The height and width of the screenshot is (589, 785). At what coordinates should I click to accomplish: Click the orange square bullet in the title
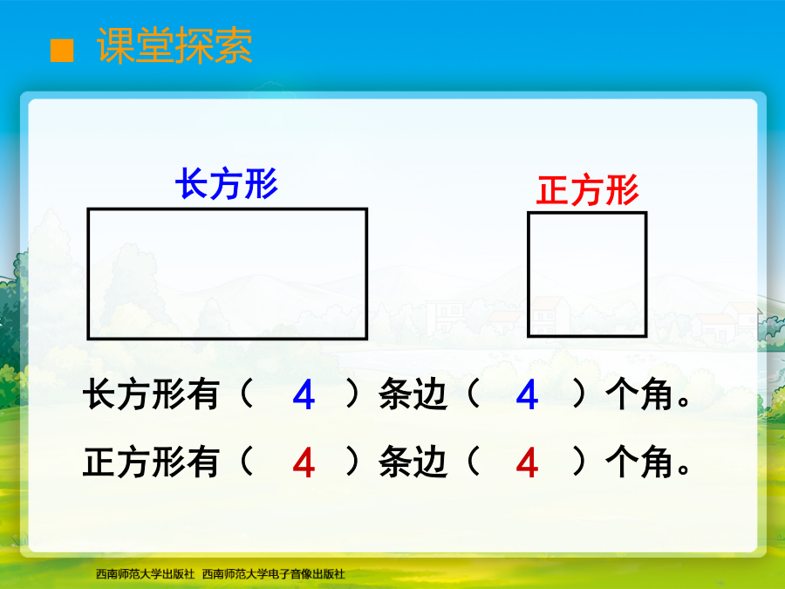62,51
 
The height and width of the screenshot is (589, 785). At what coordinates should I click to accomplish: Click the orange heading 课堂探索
174,45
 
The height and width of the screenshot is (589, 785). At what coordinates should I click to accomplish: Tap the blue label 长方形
227,184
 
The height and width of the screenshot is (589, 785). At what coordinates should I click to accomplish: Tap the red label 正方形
587,190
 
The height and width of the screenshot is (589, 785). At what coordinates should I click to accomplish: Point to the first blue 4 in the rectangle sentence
304,394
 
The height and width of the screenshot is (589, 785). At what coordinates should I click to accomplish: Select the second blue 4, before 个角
527,394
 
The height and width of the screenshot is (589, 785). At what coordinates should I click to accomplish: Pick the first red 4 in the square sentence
304,462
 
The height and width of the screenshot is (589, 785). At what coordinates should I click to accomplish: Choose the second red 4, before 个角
527,462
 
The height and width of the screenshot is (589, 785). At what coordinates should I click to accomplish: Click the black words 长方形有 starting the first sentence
151,394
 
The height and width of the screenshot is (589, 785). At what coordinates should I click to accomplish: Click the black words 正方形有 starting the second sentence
151,462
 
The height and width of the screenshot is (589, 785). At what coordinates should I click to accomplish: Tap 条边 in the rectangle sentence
413,394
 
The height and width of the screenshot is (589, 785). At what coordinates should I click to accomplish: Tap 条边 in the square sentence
413,462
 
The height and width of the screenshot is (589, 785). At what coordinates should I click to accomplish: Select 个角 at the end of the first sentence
639,394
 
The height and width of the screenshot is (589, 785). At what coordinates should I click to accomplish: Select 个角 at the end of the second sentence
639,462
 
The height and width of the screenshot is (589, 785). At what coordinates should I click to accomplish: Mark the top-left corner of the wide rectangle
89,209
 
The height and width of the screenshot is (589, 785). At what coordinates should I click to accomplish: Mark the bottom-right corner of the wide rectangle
366,339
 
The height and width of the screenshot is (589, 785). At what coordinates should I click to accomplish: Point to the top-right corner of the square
645,213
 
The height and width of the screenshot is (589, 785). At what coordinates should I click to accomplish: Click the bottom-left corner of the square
529,336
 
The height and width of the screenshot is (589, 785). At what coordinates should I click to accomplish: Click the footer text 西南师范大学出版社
145,574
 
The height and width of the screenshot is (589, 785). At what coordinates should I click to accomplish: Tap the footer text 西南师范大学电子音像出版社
273,574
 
